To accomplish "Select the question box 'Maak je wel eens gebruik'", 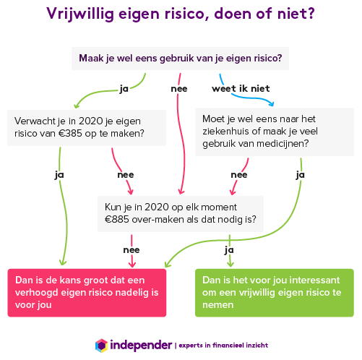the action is pyautogui.click(x=180, y=59).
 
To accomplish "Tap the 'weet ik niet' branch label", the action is pyautogui.click(x=241, y=89).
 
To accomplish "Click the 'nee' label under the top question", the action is pyautogui.click(x=179, y=89).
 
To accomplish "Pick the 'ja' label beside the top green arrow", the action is pyautogui.click(x=124, y=89).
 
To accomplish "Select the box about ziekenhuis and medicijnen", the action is pyautogui.click(x=275, y=132).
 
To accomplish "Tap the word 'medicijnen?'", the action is pyautogui.click(x=283, y=144).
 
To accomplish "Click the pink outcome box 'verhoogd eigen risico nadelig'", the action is pyautogui.click(x=87, y=293).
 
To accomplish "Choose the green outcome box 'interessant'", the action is pyautogui.click(x=275, y=293).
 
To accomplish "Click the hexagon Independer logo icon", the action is pyautogui.click(x=101, y=346).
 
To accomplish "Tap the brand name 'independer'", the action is pyautogui.click(x=141, y=346).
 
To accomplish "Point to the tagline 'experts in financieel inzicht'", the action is pyautogui.click(x=223, y=346).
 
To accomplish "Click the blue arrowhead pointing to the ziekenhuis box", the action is pyautogui.click(x=272, y=103).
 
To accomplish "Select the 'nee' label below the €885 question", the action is pyautogui.click(x=132, y=250).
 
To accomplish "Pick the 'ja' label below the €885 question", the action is pyautogui.click(x=229, y=250).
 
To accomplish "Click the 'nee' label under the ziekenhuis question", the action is pyautogui.click(x=239, y=175).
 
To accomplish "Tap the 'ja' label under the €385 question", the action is pyautogui.click(x=59, y=175).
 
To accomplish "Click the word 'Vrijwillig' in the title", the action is pyautogui.click(x=80, y=14).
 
